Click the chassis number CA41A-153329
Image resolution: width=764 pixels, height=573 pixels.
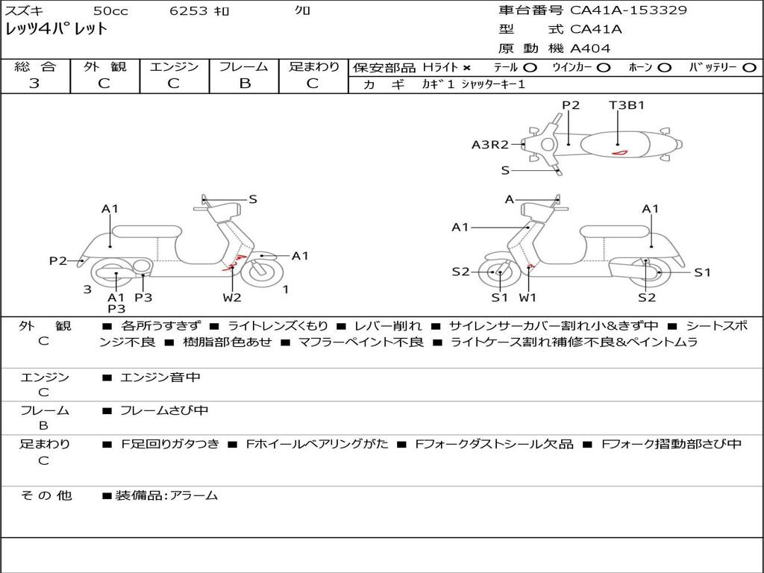tap(628, 10)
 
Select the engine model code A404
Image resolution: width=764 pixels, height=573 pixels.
tap(590, 48)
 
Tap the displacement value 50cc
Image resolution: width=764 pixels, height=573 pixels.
tap(110, 10)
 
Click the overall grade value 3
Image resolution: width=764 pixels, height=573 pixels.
tap(34, 84)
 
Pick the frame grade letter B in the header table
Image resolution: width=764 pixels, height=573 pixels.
tap(245, 84)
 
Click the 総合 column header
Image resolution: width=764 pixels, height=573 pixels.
tap(35, 66)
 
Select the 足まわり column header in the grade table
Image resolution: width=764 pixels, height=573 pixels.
tap(313, 66)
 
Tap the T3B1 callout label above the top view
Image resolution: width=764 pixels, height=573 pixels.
tap(627, 105)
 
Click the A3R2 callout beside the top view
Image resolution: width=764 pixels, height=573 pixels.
tap(489, 145)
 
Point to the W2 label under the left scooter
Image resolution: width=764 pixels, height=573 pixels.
tap(232, 298)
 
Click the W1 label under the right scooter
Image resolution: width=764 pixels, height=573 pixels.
tap(527, 298)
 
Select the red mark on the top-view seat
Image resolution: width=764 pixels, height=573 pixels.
tap(619, 152)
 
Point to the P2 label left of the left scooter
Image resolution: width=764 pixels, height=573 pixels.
tap(58, 260)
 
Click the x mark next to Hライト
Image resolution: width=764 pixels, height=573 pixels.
tap(467, 67)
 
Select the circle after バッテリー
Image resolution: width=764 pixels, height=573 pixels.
tap(749, 67)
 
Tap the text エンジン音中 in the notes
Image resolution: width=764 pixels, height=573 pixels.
tap(160, 378)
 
